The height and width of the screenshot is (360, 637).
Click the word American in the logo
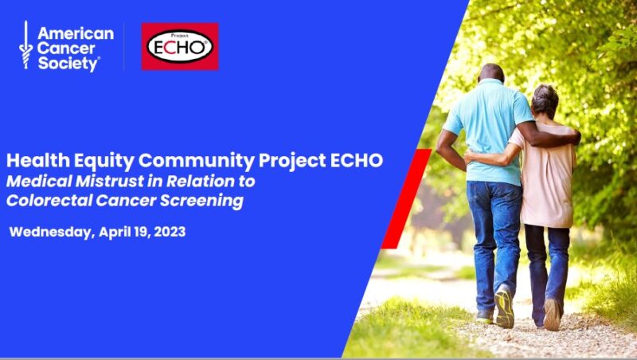click(x=76, y=33)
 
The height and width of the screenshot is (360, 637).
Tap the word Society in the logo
click(x=68, y=64)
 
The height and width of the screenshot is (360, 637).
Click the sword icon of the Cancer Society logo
click(x=26, y=45)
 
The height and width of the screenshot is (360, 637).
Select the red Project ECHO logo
click(x=180, y=46)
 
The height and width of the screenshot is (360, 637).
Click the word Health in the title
click(x=38, y=161)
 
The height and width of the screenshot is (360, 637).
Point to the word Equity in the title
click(x=104, y=162)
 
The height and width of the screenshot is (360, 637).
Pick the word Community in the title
click(x=197, y=162)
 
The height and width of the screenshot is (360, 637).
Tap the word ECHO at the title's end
click(x=356, y=161)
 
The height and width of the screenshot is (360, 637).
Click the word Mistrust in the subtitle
click(x=110, y=182)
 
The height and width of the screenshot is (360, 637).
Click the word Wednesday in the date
click(x=52, y=233)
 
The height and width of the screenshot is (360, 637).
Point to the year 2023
click(x=170, y=232)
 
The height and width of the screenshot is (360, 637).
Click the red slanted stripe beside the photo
click(x=406, y=198)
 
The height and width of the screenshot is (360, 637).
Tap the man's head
click(x=491, y=73)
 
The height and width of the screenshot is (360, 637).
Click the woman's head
click(x=545, y=102)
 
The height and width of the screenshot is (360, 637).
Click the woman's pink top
click(x=545, y=174)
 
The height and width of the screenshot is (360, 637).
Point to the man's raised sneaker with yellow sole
click(x=504, y=307)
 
